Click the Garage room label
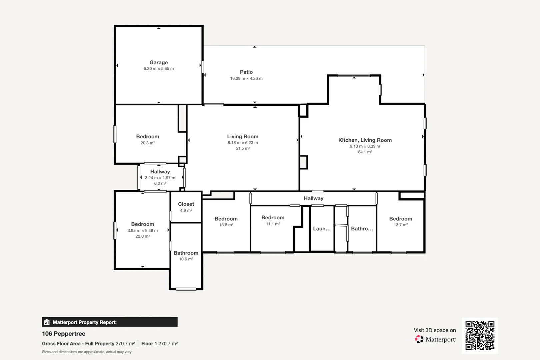tap(159, 62)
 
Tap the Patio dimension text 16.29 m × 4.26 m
tap(246, 78)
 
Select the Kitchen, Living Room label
tap(365, 140)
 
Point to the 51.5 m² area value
tap(243, 148)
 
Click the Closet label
tap(186, 204)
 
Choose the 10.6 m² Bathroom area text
tap(186, 259)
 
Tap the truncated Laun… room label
tap(322, 229)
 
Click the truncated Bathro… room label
tap(362, 229)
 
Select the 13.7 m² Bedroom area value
tap(401, 225)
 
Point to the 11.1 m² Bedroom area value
tap(273, 224)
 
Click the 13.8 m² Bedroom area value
tap(226, 225)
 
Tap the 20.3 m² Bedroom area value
tap(148, 143)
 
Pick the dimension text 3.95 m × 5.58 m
tap(142, 231)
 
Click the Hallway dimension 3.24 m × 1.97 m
tap(160, 178)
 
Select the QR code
tap(480, 335)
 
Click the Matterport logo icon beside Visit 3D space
tap(419, 339)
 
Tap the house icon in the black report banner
tap(47, 322)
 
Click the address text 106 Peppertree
tap(64, 334)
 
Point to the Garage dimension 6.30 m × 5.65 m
tap(159, 68)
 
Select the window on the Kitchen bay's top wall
tap(354, 75)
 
